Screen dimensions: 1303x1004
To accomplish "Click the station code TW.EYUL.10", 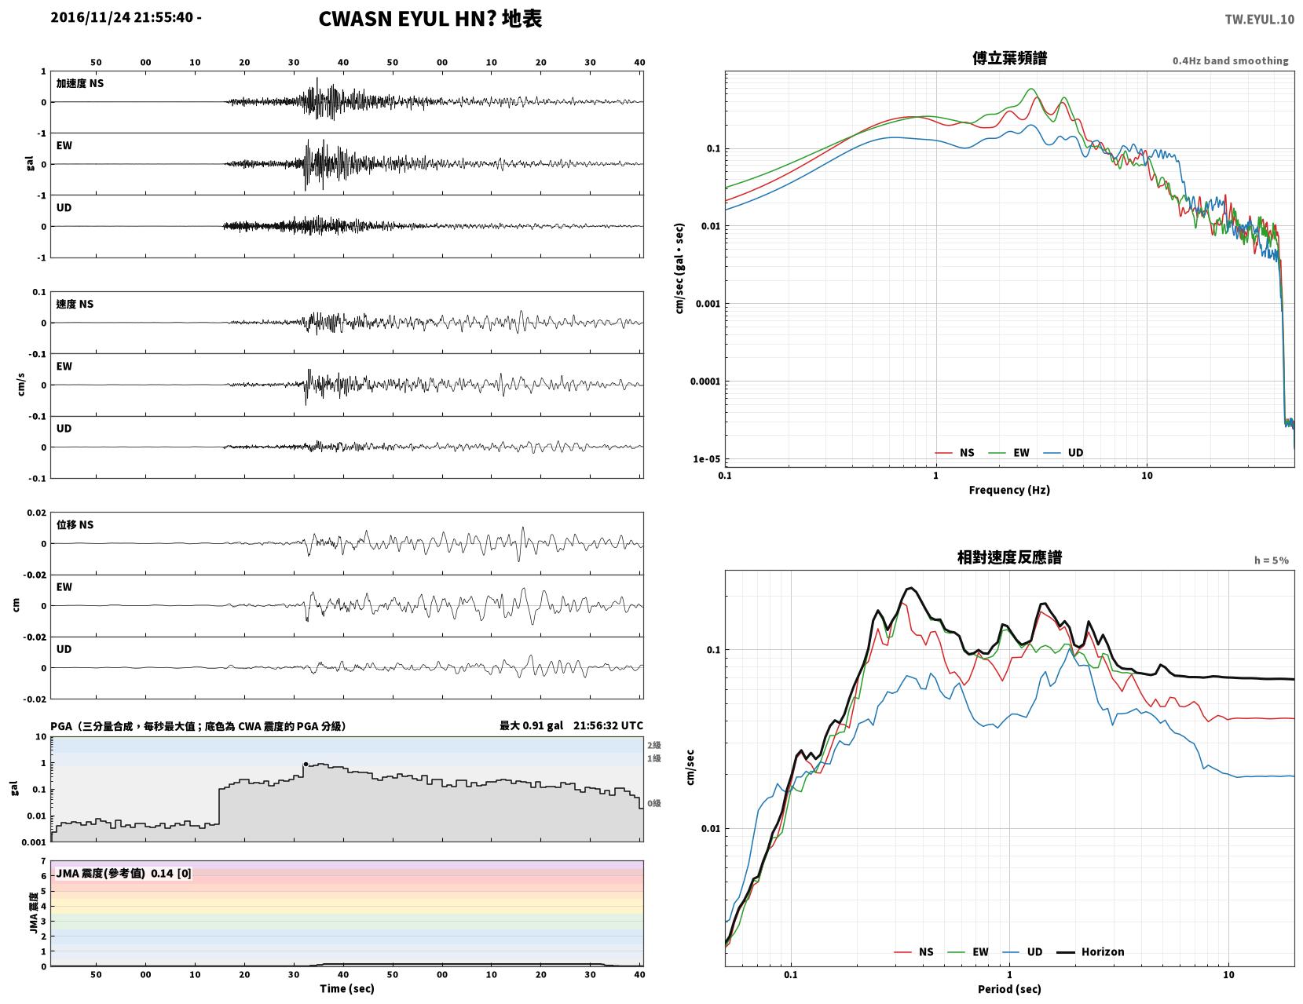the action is pos(1259,19).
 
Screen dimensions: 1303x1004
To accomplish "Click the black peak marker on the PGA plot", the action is pos(306,764).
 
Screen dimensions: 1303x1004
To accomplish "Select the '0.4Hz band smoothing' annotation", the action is pos(1230,60).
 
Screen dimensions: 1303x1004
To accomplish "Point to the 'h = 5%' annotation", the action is pos(1271,560).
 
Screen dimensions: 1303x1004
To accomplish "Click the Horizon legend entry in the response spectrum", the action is pos(1089,951).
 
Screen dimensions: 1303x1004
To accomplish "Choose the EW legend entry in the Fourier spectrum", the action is pos(1008,452).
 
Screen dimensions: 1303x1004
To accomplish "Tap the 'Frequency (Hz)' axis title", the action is pos(1008,490).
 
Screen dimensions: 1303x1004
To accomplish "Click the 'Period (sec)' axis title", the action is pos(1008,989).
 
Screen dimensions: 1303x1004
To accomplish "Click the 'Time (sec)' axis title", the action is pos(346,988).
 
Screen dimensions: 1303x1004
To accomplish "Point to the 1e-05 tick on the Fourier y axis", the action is pos(706,459).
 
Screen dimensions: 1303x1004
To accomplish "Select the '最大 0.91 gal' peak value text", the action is pos(531,725).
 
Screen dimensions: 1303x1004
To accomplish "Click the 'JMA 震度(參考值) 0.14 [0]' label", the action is pos(123,873).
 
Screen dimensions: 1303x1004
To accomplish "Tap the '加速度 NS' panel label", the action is pos(80,83).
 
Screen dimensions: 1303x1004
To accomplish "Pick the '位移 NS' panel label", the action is pos(75,524).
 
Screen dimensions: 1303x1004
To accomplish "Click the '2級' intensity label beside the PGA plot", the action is pos(653,745).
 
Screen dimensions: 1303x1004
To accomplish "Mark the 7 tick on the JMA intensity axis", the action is pos(43,861).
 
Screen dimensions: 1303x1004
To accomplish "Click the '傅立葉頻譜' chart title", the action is pos(1009,58).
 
